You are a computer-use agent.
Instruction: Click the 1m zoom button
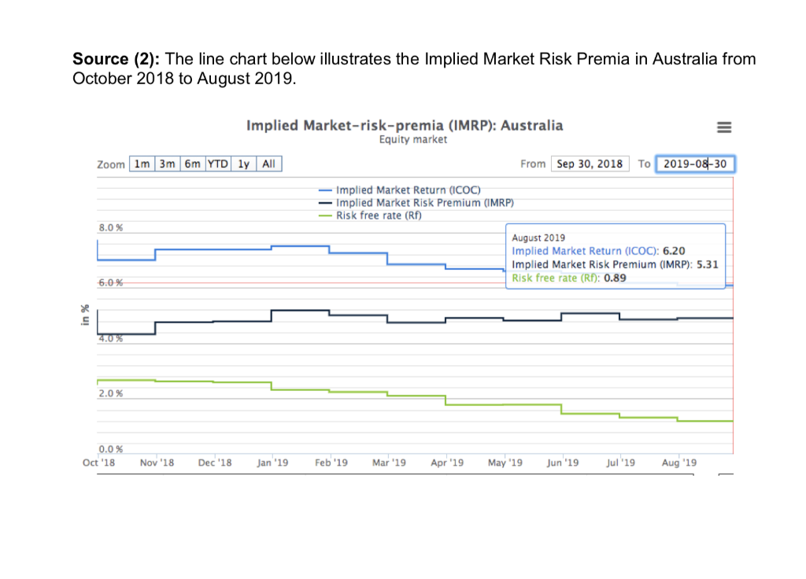coord(142,164)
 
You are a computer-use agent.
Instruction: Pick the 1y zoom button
coord(244,164)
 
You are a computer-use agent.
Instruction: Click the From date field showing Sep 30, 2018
coord(590,164)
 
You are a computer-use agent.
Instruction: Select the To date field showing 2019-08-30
coord(694,164)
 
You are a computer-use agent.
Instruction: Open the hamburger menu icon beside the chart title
coord(724,127)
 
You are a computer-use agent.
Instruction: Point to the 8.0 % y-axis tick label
coord(110,228)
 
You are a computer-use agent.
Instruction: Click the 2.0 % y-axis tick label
coord(110,393)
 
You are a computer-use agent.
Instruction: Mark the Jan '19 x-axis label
coord(272,463)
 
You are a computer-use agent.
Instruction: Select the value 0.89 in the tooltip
coord(616,278)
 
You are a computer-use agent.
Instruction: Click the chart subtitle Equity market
coord(412,139)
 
